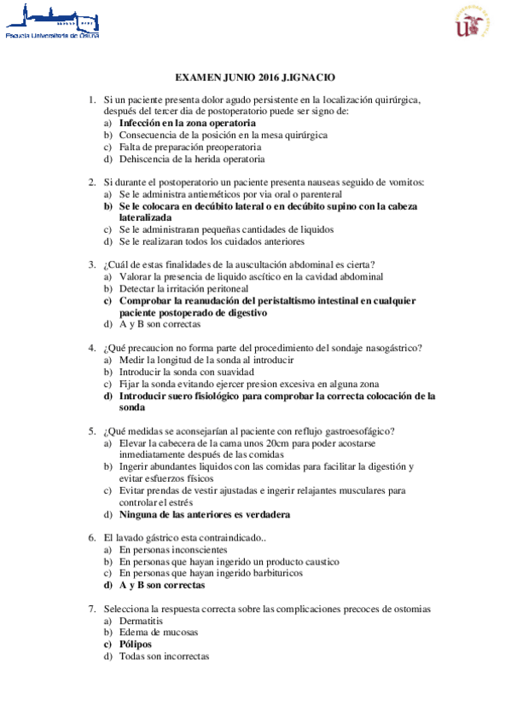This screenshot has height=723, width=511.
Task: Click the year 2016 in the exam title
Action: click(266, 77)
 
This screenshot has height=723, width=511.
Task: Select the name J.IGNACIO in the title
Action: click(309, 77)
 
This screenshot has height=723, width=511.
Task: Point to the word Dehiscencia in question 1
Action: click(145, 159)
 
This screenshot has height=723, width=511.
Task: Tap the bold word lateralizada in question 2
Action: click(145, 217)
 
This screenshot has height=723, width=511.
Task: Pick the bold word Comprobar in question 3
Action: click(145, 300)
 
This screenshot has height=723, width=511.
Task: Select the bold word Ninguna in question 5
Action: click(139, 514)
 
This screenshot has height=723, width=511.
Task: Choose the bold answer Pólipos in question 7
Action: click(136, 645)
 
